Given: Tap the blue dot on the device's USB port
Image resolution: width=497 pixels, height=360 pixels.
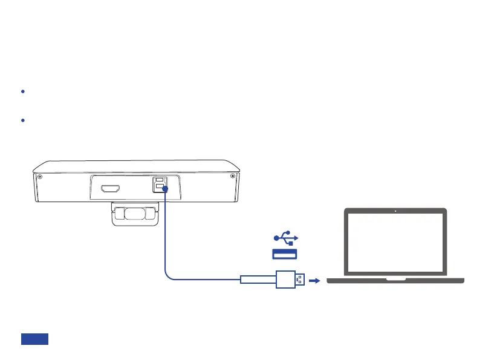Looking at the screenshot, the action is pyautogui.click(x=165, y=189).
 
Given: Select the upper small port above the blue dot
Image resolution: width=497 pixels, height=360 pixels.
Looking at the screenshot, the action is pyautogui.click(x=160, y=181).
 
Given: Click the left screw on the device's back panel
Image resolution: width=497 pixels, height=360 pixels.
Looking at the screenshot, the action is pyautogui.click(x=39, y=177).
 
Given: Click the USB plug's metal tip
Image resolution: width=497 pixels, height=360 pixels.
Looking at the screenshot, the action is pyautogui.click(x=299, y=280).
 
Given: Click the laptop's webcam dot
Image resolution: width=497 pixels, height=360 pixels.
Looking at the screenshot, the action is pyautogui.click(x=395, y=211).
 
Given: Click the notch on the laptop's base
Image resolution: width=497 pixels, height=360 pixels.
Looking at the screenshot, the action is pyautogui.click(x=395, y=280).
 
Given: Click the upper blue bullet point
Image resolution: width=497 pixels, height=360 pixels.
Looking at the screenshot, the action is pyautogui.click(x=22, y=91).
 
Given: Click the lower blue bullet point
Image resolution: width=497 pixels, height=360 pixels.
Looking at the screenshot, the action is pyautogui.click(x=22, y=120).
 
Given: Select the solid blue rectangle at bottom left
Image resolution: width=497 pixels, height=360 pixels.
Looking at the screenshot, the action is pyautogui.click(x=34, y=339).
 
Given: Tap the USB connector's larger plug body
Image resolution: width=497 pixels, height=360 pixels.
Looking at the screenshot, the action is pyautogui.click(x=285, y=280).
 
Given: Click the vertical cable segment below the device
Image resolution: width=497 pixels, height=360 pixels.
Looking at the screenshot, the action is pyautogui.click(x=165, y=236).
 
